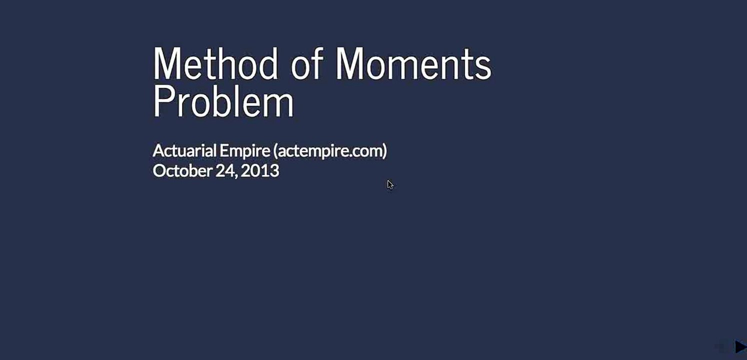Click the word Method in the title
click(x=215, y=63)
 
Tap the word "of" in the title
click(x=306, y=63)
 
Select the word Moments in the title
click(x=413, y=63)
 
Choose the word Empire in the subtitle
click(x=245, y=151)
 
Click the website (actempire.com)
click(x=330, y=151)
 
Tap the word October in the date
click(x=182, y=171)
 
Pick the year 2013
click(x=260, y=171)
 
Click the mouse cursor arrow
click(x=389, y=184)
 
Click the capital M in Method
click(x=166, y=63)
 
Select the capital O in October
click(x=158, y=171)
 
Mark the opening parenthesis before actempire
click(x=275, y=151)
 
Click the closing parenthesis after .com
click(x=384, y=151)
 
